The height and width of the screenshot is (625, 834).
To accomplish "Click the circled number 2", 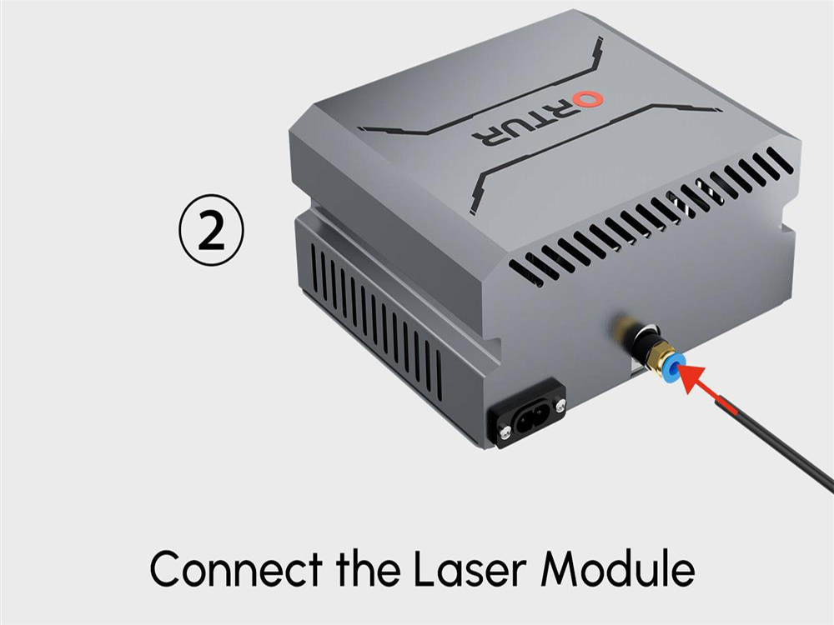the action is pyautogui.click(x=211, y=230).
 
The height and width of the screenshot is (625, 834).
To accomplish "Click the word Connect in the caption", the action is pyautogui.click(x=236, y=568).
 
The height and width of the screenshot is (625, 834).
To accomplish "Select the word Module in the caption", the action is pyautogui.click(x=618, y=567).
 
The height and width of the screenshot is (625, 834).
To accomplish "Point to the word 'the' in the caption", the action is pyautogui.click(x=368, y=567).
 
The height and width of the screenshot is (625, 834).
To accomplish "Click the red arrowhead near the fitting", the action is pyautogui.click(x=692, y=378).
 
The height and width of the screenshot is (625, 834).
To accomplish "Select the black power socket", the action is pyautogui.click(x=530, y=412).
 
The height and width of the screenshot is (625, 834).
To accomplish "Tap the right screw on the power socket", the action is pyautogui.click(x=560, y=406).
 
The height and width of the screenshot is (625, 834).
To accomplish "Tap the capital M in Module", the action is pyautogui.click(x=561, y=568).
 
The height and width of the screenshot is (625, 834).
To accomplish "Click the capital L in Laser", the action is pyautogui.click(x=425, y=568).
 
